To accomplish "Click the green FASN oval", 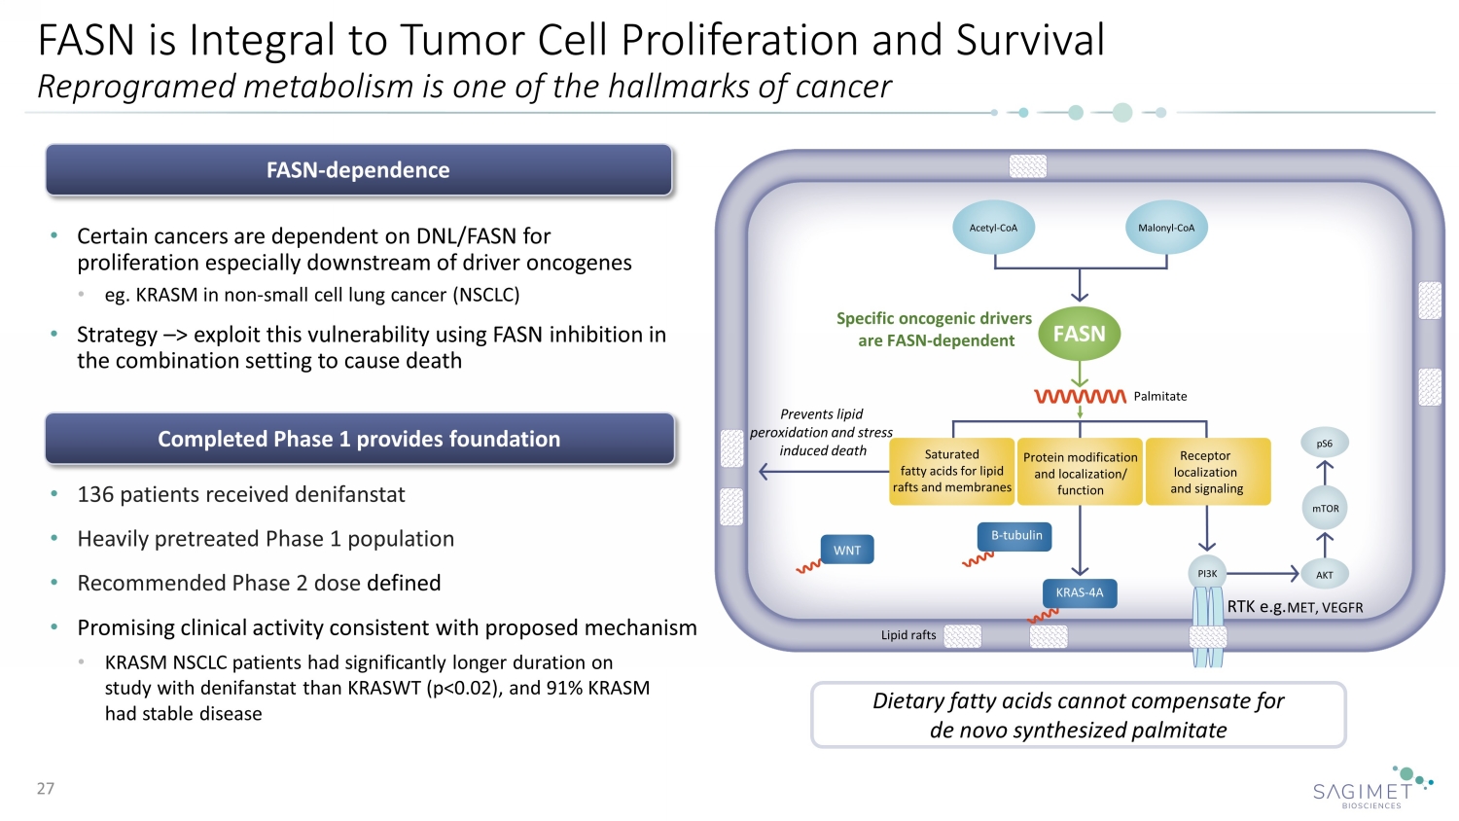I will (1080, 334).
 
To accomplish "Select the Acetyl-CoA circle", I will (993, 228).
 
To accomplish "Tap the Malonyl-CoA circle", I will (1166, 228).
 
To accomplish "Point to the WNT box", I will (847, 550).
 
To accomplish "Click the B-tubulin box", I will (1015, 536).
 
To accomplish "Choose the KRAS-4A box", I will (1080, 592).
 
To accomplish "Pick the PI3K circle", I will (1207, 574).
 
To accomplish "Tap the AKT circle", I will (1325, 575).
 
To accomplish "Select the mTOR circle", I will (1325, 509).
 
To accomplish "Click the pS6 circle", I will (1325, 444).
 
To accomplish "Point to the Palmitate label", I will (1160, 396).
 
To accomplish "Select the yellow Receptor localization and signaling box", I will (1207, 472).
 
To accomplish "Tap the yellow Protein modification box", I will (1080, 473).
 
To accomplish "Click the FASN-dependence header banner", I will (358, 170).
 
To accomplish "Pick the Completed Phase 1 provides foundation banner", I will (359, 439).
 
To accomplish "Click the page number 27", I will (46, 788).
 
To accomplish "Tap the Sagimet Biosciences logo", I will (1371, 788).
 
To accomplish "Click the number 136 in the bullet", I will (95, 494).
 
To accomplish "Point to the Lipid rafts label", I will (908, 635).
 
